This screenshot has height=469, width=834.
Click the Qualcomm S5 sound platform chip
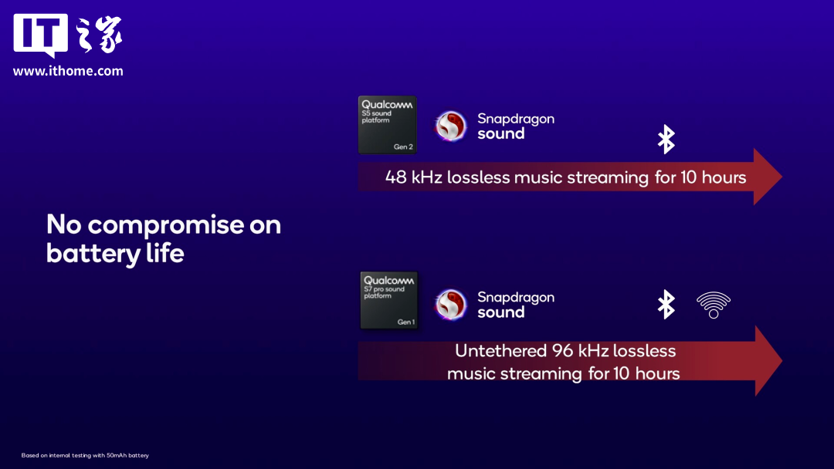387,126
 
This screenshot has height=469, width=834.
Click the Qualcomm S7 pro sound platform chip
388,301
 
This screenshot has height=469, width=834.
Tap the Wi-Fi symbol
714,305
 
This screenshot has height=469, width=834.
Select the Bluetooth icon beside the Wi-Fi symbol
666,305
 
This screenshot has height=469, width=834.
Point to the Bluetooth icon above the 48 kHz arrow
666,139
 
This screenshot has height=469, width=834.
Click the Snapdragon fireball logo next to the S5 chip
450,126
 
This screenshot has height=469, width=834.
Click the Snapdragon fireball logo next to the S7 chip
450,305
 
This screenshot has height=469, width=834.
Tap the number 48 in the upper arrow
395,177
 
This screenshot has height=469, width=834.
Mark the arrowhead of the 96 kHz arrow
768,361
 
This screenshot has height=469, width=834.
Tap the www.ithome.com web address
68,71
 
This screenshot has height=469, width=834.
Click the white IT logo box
40,35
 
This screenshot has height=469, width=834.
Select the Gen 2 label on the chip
403,147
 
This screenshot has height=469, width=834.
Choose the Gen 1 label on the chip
406,322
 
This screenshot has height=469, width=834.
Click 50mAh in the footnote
117,455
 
